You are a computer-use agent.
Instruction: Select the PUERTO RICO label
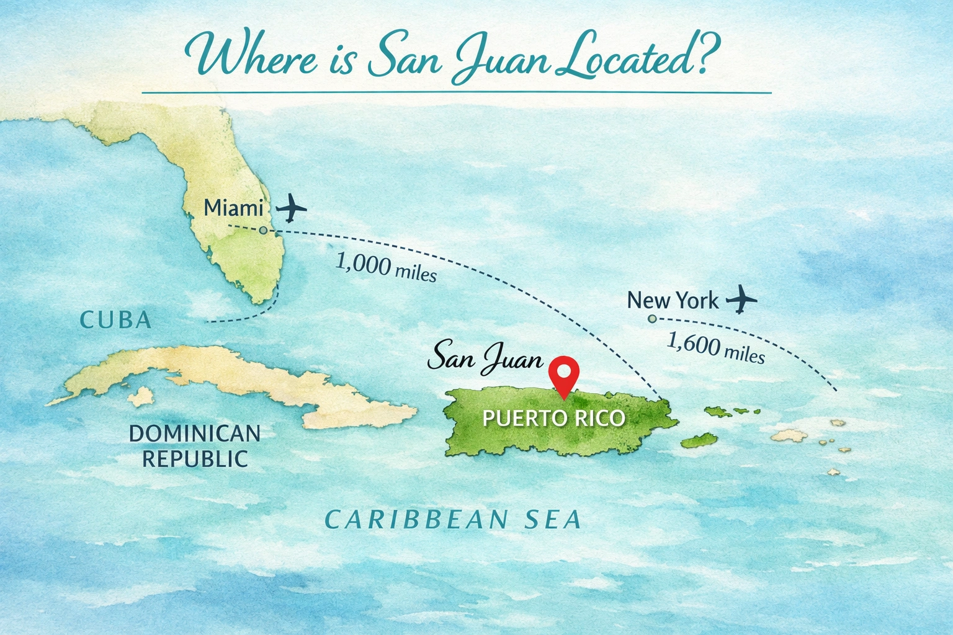(553, 418)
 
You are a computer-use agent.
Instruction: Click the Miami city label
(233, 208)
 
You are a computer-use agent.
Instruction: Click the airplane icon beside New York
(741, 300)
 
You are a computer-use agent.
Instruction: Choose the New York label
(673, 301)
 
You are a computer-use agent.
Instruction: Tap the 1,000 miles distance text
(386, 267)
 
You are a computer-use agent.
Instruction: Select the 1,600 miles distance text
(715, 348)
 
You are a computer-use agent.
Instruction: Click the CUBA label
(116, 320)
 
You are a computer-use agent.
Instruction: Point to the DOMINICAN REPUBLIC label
(195, 446)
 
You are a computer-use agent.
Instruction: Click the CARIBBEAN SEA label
(454, 520)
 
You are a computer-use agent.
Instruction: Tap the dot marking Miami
(263, 230)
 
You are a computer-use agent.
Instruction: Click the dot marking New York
(651, 319)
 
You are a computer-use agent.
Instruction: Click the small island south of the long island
(143, 396)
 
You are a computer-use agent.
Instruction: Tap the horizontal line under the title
(456, 93)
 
